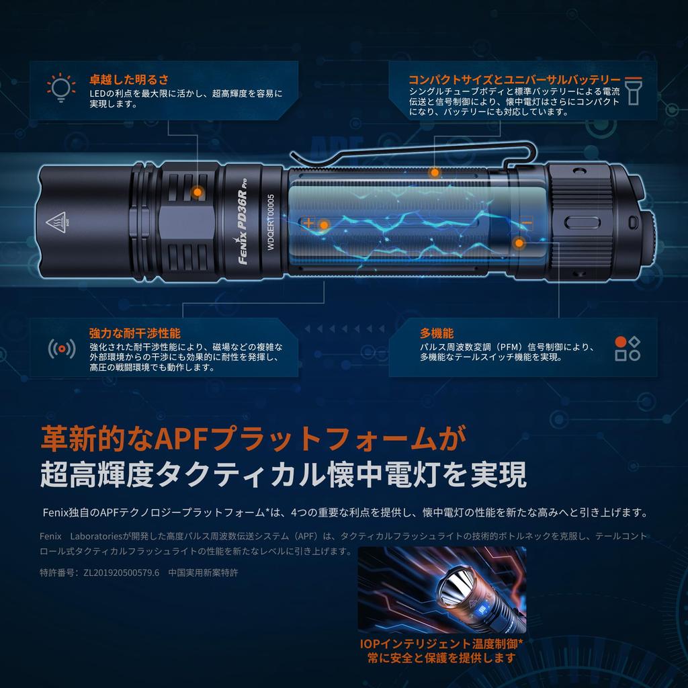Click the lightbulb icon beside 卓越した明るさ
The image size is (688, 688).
(59, 87)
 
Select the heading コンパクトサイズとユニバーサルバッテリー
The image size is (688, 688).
(515, 79)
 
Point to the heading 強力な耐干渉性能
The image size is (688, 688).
(134, 333)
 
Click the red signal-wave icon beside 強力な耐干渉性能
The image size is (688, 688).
(61, 348)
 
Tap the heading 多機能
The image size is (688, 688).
(437, 333)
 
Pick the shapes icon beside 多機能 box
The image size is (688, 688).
(627, 347)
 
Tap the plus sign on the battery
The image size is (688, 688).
(309, 222)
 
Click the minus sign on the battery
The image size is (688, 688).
(526, 222)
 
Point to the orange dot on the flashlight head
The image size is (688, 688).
(197, 192)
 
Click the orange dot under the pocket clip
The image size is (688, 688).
(435, 171)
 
